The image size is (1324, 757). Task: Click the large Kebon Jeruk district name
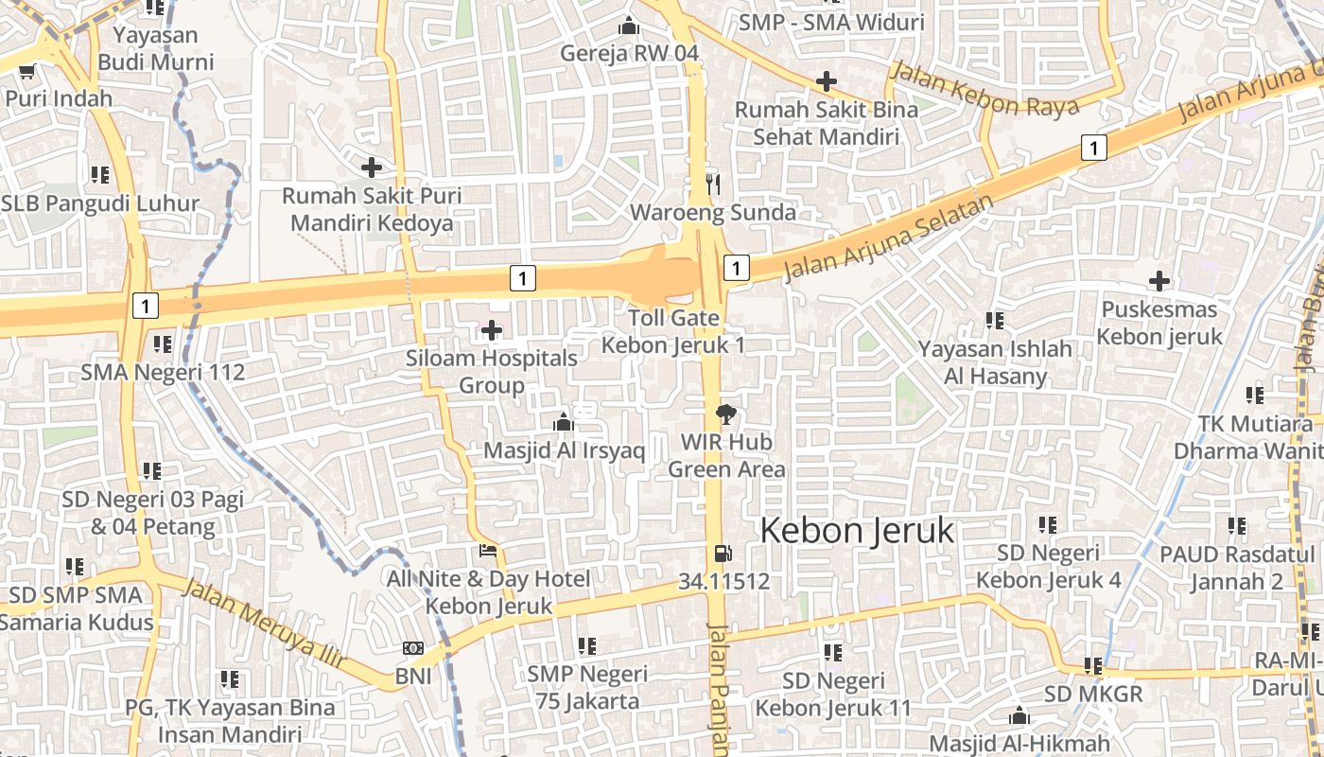tap(857, 531)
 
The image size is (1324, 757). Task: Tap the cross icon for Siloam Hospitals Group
tap(492, 330)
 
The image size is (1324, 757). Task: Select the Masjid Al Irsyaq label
tap(564, 450)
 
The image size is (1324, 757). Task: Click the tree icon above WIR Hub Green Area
tap(726, 414)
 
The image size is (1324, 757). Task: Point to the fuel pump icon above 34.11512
tap(723, 554)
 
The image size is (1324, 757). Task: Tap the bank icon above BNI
tap(412, 648)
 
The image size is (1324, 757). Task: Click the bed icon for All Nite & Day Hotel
tap(488, 551)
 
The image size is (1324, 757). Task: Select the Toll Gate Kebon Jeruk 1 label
tap(673, 331)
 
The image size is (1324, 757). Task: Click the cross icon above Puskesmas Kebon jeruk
tap(1158, 281)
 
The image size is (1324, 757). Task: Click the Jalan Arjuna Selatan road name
tap(890, 238)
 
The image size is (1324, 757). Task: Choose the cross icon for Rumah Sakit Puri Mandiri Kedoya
tap(372, 167)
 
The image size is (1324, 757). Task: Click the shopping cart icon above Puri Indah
tap(27, 71)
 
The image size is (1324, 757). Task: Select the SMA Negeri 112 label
tap(163, 372)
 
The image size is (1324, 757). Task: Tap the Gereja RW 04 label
tap(629, 53)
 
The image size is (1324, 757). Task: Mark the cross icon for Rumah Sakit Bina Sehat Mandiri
tap(827, 81)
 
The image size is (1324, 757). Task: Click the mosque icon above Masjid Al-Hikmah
tap(1019, 715)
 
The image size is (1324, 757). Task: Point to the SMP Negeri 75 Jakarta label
tap(587, 688)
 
